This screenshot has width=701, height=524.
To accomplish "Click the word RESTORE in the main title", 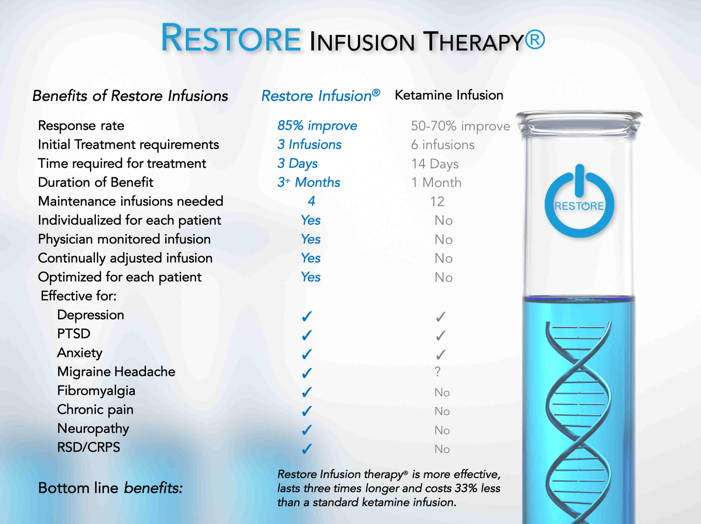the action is pyautogui.click(x=231, y=38).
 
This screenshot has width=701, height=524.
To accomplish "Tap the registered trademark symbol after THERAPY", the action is pyautogui.click(x=535, y=40).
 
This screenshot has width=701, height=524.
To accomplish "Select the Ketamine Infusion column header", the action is pyautogui.click(x=449, y=95).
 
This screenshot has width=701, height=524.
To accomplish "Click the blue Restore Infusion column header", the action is pyautogui.click(x=321, y=96).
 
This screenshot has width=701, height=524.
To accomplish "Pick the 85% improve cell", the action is pyautogui.click(x=317, y=126).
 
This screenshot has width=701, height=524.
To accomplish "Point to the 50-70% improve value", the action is pyautogui.click(x=460, y=126).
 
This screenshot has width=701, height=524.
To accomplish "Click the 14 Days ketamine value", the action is pyautogui.click(x=435, y=164).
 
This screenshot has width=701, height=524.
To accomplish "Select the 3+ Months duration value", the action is pyautogui.click(x=308, y=182).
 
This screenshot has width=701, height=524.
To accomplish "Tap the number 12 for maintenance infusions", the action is pyautogui.click(x=437, y=201).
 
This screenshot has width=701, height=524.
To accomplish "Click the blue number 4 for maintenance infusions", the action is pyautogui.click(x=311, y=201).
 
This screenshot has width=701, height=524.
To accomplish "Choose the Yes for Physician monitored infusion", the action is pyautogui.click(x=311, y=239).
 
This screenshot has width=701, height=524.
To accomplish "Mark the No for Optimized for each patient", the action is pyautogui.click(x=444, y=278).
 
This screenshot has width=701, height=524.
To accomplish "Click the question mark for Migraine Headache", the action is pyautogui.click(x=438, y=372).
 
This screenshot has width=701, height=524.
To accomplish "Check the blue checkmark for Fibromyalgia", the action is pyautogui.click(x=307, y=392).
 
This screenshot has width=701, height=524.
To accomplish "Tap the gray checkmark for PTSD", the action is pyautogui.click(x=441, y=335).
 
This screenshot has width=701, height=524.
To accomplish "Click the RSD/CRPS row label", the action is pyautogui.click(x=88, y=447).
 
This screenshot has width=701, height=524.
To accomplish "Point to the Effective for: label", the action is pyautogui.click(x=79, y=296).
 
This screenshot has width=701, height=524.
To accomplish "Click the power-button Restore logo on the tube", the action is pyautogui.click(x=579, y=201).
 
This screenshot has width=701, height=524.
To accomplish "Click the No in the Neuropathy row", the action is pyautogui.click(x=442, y=430).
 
